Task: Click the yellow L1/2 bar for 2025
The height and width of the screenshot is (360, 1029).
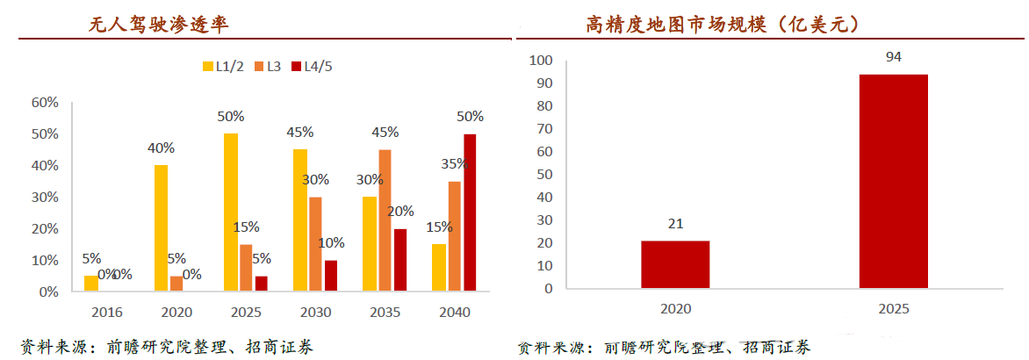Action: click(231, 212)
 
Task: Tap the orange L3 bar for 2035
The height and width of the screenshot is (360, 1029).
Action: click(385, 220)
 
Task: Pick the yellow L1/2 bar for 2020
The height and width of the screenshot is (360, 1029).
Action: click(161, 227)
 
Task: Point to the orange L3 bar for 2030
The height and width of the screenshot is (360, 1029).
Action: click(315, 243)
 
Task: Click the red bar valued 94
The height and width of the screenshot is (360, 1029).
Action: click(893, 181)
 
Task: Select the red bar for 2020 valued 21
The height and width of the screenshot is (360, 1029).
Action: click(675, 263)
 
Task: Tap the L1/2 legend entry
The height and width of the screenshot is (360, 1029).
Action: click(223, 66)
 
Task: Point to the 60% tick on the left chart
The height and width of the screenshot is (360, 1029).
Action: click(45, 103)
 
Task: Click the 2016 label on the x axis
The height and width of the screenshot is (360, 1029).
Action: click(105, 312)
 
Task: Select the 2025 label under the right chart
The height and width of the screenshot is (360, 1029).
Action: click(893, 309)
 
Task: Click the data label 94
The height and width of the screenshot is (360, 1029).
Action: click(893, 57)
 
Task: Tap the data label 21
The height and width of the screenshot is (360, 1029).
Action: click(674, 224)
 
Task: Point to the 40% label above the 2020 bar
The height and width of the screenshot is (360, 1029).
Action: click(161, 148)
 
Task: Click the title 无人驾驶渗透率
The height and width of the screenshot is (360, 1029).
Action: click(158, 25)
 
